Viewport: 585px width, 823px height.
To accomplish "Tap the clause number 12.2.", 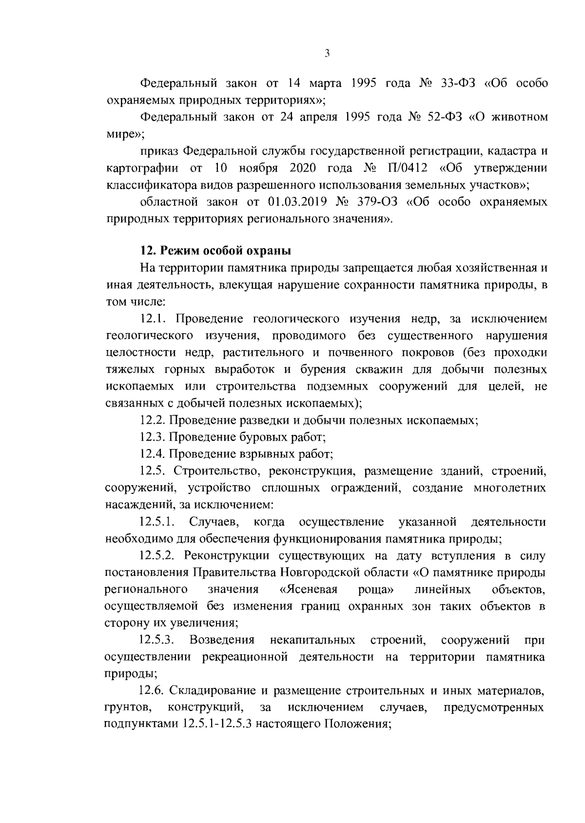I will (154, 420).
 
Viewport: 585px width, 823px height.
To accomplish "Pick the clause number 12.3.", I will (154, 437).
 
